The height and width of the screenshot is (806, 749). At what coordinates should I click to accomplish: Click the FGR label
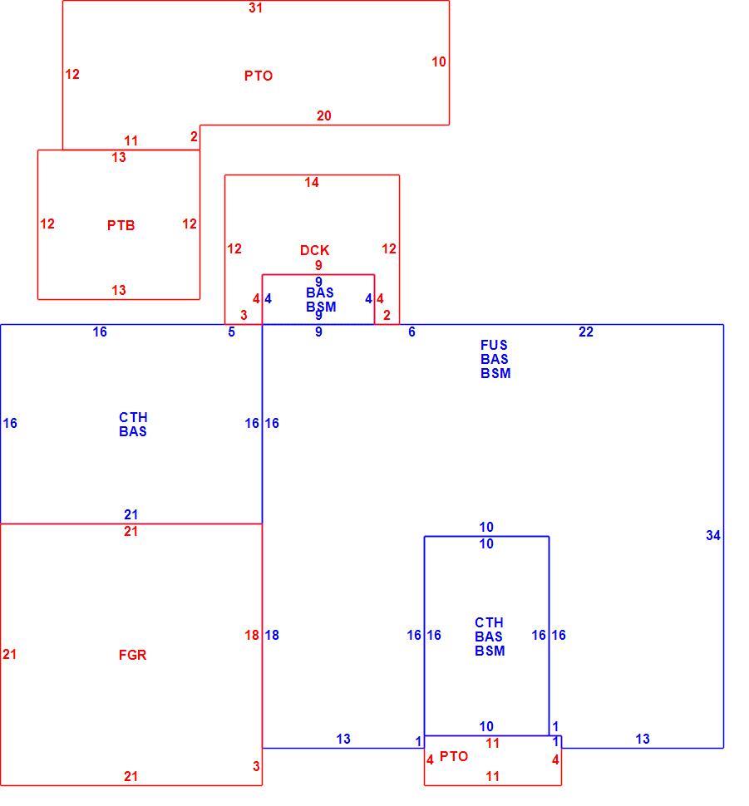tap(133, 655)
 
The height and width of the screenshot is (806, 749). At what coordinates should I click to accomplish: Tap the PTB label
tap(121, 225)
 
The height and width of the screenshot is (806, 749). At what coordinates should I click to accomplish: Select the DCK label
tap(314, 250)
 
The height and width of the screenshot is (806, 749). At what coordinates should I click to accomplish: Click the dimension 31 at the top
tap(256, 7)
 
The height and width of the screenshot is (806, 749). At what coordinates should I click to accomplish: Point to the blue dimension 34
tap(713, 536)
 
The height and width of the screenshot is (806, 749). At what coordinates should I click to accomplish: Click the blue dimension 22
tap(586, 332)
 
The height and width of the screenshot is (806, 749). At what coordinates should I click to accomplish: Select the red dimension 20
tap(323, 115)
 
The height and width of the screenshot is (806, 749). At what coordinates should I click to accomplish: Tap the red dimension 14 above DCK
tap(311, 182)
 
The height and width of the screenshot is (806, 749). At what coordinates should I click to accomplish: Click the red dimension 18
tap(252, 636)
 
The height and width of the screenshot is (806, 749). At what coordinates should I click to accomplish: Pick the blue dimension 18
tap(272, 636)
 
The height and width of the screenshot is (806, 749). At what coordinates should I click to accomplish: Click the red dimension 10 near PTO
tap(438, 61)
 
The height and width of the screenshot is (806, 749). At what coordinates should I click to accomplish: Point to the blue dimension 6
tap(411, 332)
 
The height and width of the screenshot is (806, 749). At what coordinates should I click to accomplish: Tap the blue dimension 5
tap(231, 332)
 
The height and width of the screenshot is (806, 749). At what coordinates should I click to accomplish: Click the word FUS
tap(494, 345)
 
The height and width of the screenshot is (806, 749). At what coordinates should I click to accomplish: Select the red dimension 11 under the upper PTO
tap(131, 140)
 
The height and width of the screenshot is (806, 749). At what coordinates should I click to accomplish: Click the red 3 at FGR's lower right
tap(256, 766)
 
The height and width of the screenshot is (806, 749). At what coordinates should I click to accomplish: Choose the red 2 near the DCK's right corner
tap(387, 315)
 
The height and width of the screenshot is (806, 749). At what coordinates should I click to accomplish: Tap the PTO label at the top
tap(259, 76)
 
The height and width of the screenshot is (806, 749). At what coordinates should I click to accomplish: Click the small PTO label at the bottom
tap(454, 757)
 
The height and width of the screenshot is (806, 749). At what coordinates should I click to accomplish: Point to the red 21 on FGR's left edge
tap(9, 655)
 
